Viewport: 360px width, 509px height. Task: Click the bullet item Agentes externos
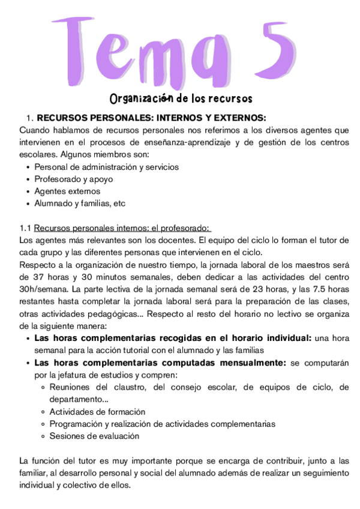67,191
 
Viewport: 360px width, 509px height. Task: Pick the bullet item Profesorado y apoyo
73,179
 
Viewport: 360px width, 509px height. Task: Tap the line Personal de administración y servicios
106,167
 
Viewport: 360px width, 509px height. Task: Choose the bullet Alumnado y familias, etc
79,203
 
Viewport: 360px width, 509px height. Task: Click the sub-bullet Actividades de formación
97,412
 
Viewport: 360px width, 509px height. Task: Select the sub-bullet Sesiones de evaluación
94,436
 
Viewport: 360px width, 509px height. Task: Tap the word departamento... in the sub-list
79,399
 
